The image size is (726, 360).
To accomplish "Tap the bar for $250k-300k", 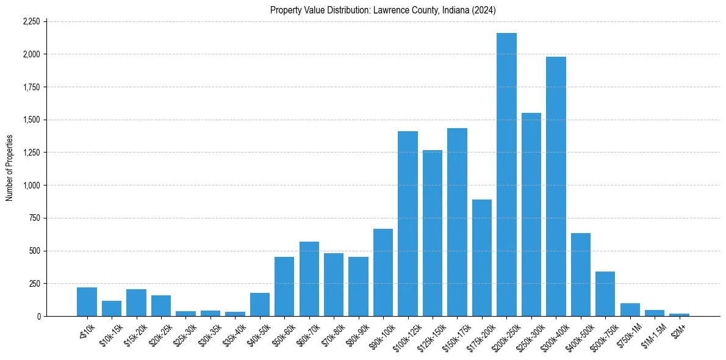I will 531,214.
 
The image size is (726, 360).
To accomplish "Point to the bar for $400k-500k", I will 581,275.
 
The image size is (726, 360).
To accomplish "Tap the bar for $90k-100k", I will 383,272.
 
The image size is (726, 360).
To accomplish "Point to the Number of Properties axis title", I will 10,168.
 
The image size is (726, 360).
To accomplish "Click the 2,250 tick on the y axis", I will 31,21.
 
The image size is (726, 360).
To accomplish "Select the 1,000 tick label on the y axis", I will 31,185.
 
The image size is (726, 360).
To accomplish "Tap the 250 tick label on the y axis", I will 34,284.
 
